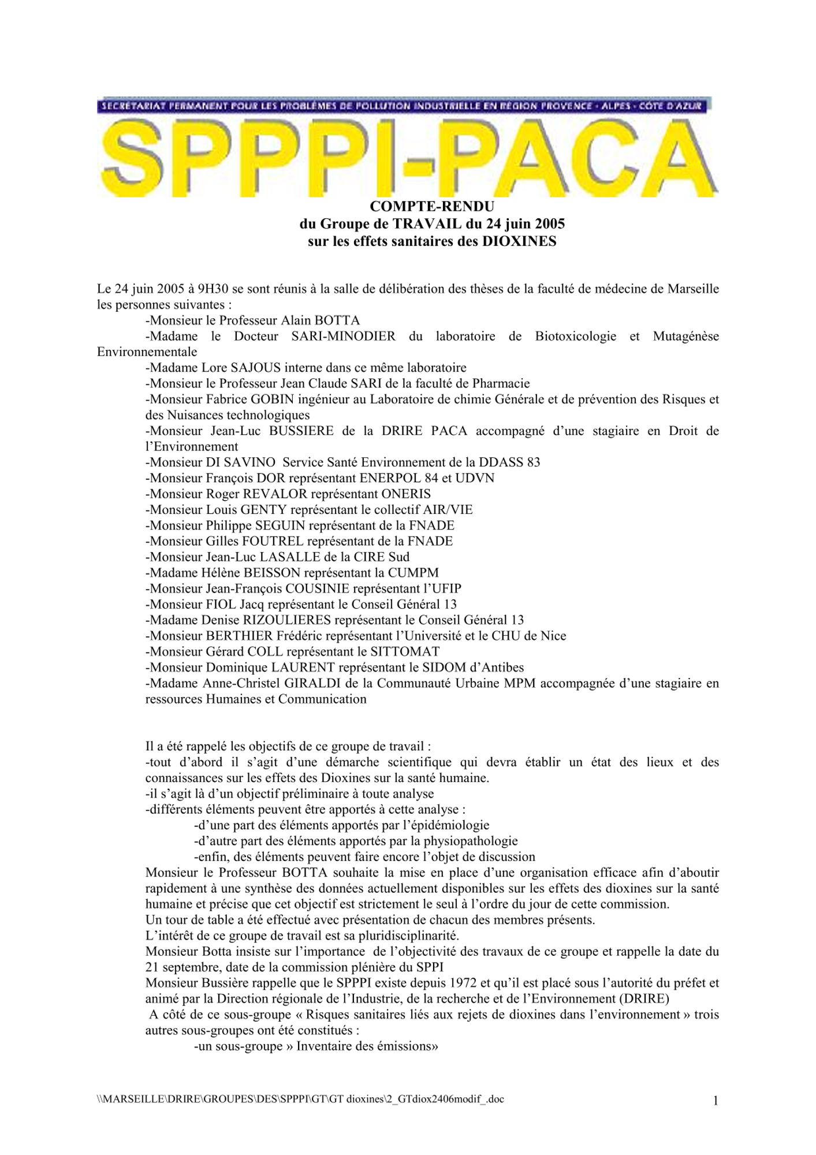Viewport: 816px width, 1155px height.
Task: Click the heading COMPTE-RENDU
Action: point(431,206)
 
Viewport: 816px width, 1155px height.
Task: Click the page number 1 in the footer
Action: point(716,1101)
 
